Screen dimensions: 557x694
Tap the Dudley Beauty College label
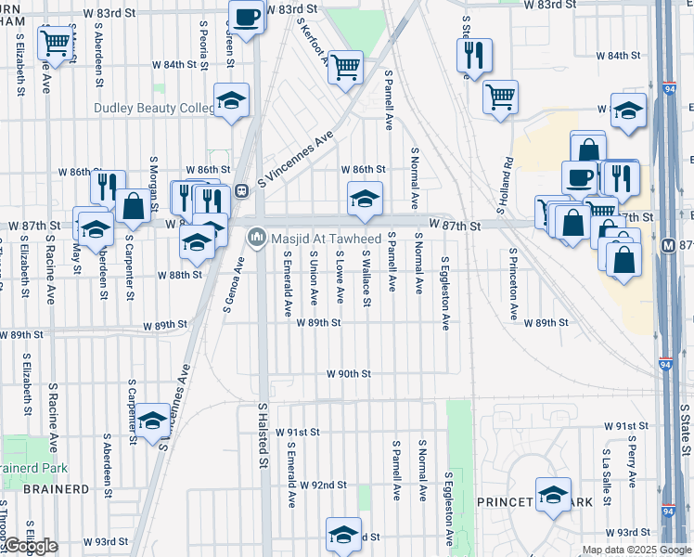tap(154, 108)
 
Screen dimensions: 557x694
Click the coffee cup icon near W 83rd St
tap(248, 18)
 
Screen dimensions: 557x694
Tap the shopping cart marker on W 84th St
tap(345, 67)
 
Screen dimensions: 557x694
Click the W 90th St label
tap(348, 373)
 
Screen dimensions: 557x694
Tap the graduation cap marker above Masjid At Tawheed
tap(365, 198)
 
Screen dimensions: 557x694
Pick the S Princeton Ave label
tap(512, 284)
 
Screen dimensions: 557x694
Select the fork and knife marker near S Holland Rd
tap(474, 55)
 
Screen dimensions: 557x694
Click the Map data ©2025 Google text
tap(636, 550)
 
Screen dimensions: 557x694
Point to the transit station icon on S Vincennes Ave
tap(240, 191)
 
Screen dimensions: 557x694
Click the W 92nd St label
tap(322, 485)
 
